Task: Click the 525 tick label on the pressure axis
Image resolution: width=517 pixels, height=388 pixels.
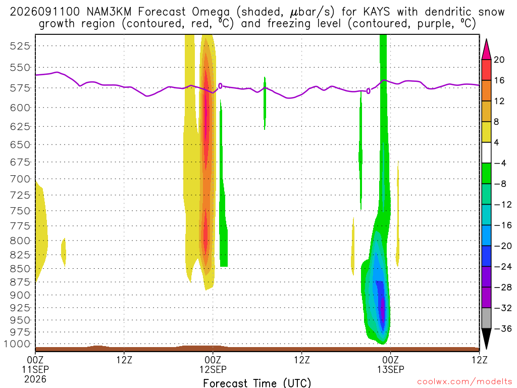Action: [x=20, y=46]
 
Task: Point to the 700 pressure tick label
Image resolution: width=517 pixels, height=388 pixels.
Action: [x=20, y=179]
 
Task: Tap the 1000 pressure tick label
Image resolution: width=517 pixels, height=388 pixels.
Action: [x=17, y=344]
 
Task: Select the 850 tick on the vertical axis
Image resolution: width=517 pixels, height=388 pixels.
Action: [x=20, y=269]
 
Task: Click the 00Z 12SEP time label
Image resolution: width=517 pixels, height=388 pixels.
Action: [x=213, y=364]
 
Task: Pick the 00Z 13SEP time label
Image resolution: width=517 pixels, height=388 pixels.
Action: [x=391, y=364]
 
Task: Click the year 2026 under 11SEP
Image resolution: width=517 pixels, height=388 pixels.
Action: [x=35, y=379]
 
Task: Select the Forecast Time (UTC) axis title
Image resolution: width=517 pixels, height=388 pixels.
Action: [x=257, y=383]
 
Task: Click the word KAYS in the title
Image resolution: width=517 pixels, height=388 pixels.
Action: [x=376, y=12]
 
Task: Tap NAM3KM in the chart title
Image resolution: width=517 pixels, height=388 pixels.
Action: [x=109, y=12]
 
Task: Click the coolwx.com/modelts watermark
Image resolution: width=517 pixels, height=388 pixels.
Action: [x=464, y=382]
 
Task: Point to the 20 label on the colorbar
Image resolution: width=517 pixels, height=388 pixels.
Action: [x=499, y=60]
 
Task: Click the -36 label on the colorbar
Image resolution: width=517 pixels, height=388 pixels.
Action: [x=503, y=328]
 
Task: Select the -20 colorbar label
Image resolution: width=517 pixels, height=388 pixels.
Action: [x=503, y=246]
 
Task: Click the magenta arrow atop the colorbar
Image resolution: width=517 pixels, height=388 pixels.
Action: [x=486, y=50]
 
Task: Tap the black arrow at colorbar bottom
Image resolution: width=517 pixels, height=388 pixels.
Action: [x=486, y=338]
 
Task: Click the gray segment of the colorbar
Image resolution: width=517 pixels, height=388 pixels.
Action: [x=486, y=318]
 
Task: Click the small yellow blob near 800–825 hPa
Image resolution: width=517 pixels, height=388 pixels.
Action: [x=64, y=253]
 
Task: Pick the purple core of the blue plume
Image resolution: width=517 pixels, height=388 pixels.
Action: [x=383, y=310]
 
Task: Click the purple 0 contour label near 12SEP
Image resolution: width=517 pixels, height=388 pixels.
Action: [x=220, y=86]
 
